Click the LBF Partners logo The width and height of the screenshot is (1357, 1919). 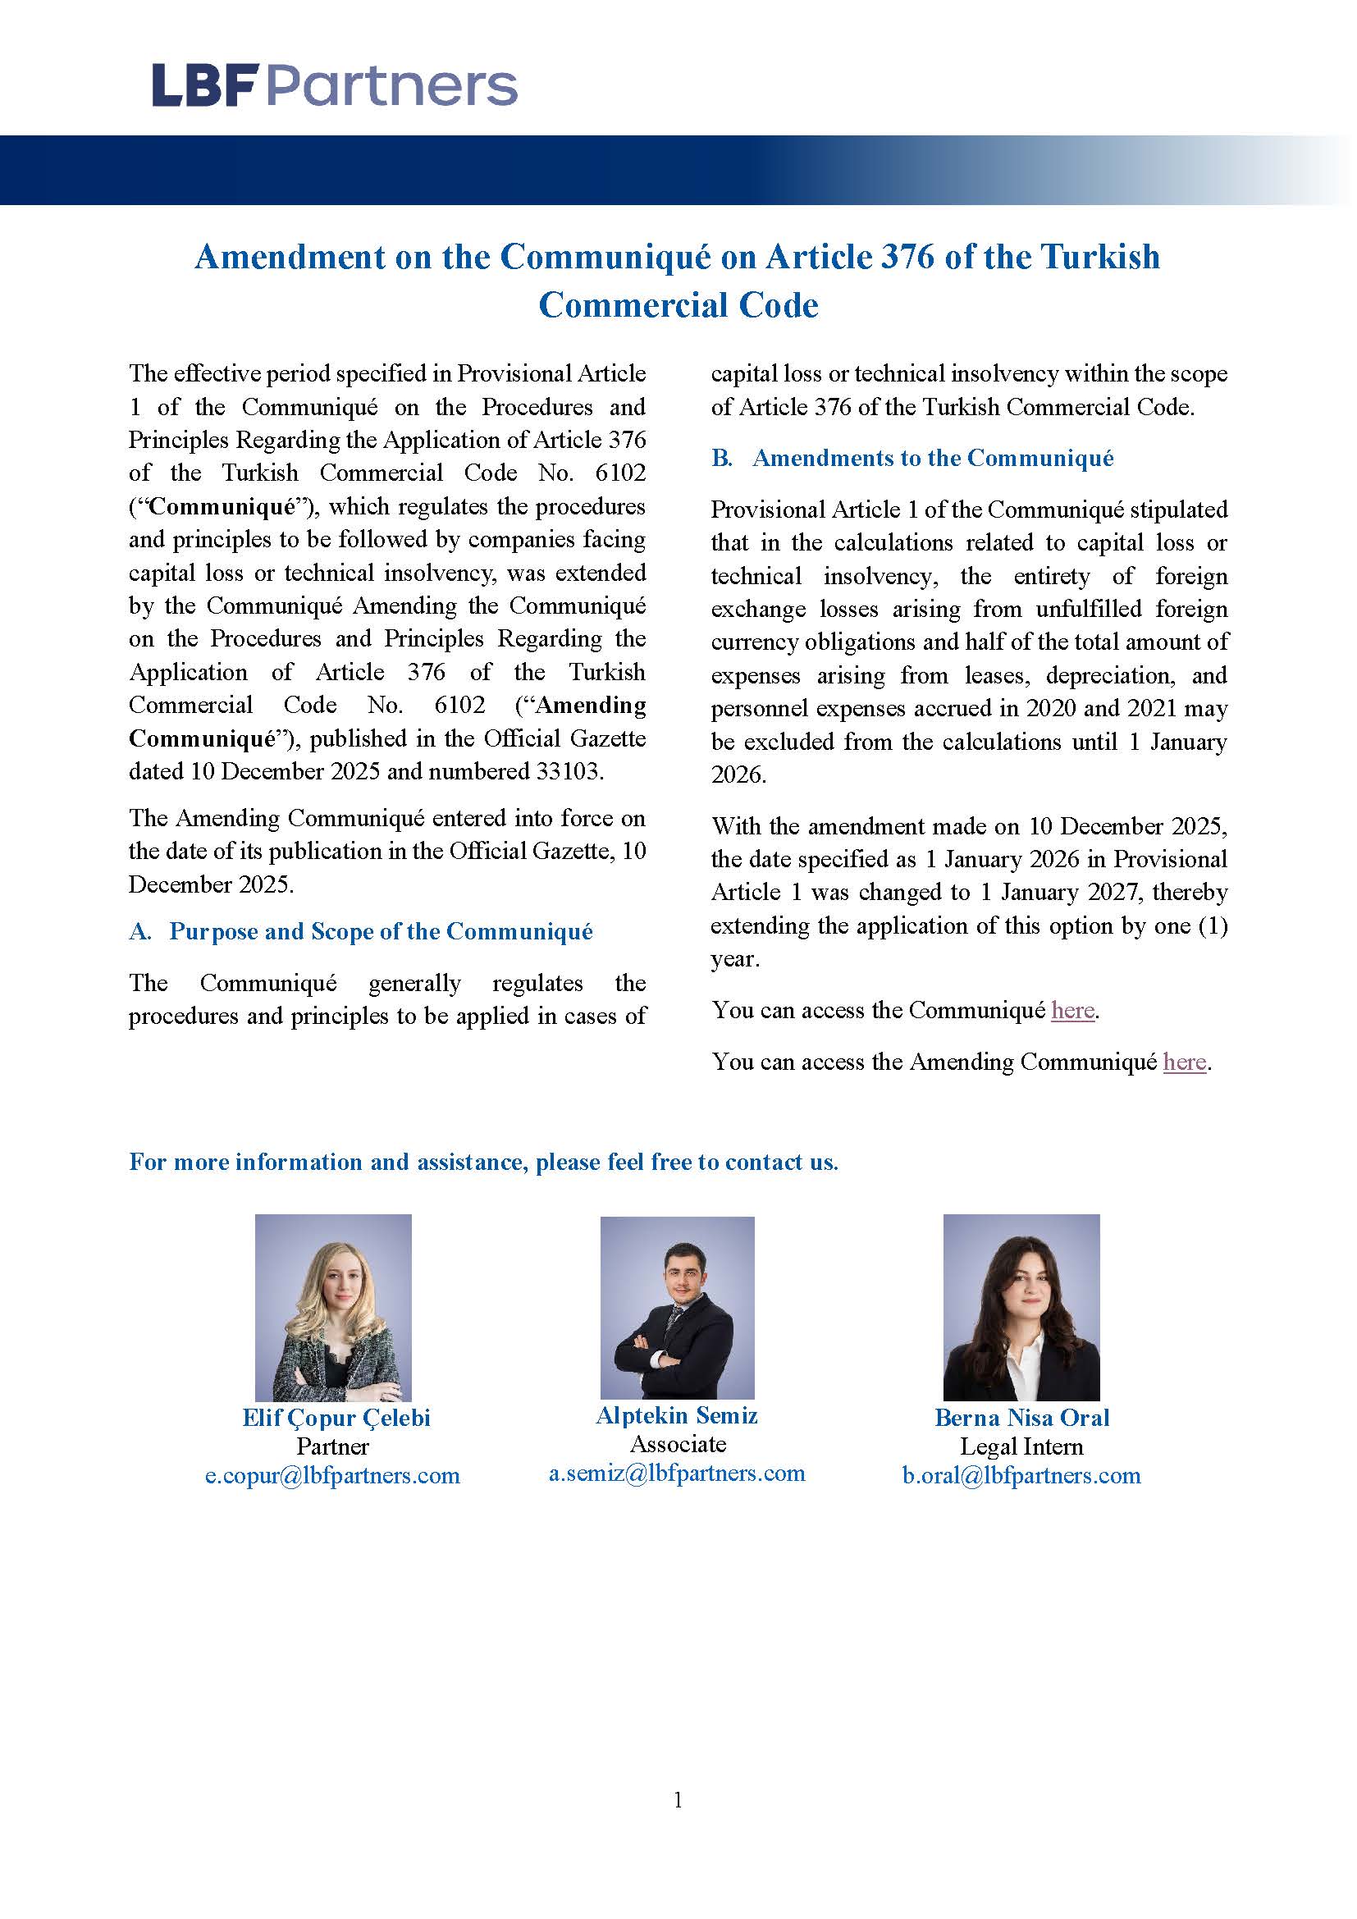(x=334, y=86)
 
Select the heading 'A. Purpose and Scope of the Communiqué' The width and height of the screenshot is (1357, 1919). (x=360, y=931)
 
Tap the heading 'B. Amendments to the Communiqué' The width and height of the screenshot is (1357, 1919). (x=912, y=458)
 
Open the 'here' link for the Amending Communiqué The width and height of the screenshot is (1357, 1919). (x=1184, y=1062)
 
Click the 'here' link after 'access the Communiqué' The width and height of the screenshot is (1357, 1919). (x=1073, y=1011)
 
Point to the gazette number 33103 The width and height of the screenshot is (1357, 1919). (x=568, y=770)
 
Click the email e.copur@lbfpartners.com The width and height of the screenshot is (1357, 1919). (x=332, y=1475)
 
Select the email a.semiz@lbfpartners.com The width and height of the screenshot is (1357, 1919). (x=677, y=1473)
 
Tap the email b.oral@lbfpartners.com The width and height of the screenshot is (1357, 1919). (x=1021, y=1475)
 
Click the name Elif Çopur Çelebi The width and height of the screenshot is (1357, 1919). (x=336, y=1418)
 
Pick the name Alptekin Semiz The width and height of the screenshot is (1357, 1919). (x=677, y=1415)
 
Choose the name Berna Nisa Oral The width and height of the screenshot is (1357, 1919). (x=1021, y=1418)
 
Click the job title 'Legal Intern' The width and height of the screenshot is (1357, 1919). (x=1021, y=1446)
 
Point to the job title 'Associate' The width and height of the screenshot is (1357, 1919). (x=678, y=1443)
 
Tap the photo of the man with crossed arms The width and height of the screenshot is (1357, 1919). (x=677, y=1307)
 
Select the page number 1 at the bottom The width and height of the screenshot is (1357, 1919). (x=678, y=1800)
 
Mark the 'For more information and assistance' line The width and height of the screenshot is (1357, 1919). (x=483, y=1162)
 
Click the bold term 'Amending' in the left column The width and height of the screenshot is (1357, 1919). (x=591, y=706)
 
